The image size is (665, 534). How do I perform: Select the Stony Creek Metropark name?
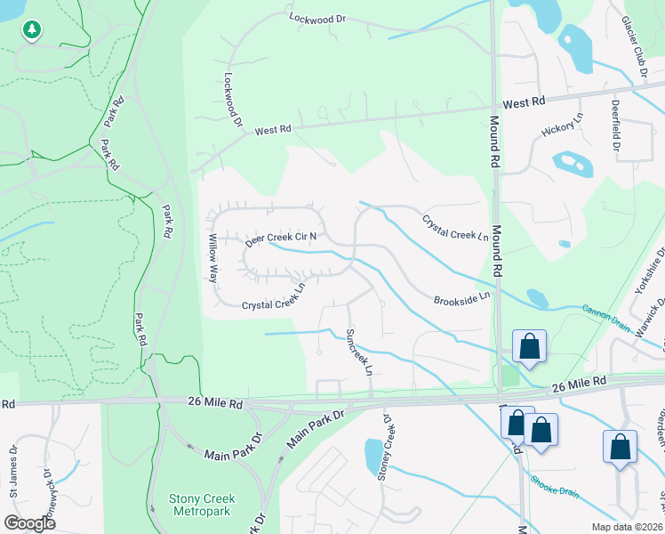coord(202,505)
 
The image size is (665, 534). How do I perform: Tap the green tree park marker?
coord(32,29)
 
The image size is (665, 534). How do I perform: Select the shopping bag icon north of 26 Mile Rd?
coord(529,346)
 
